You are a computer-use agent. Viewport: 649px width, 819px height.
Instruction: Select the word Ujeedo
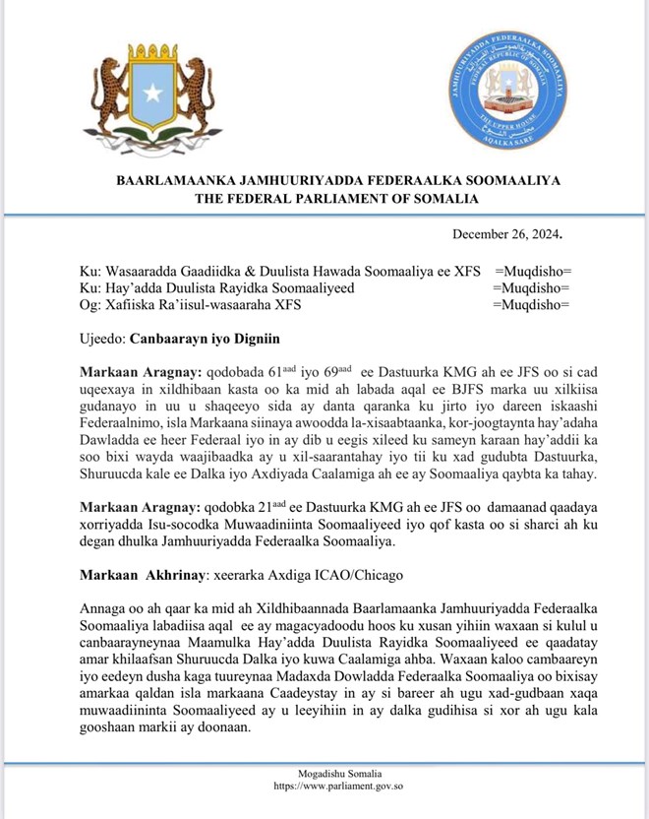coord(100,338)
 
